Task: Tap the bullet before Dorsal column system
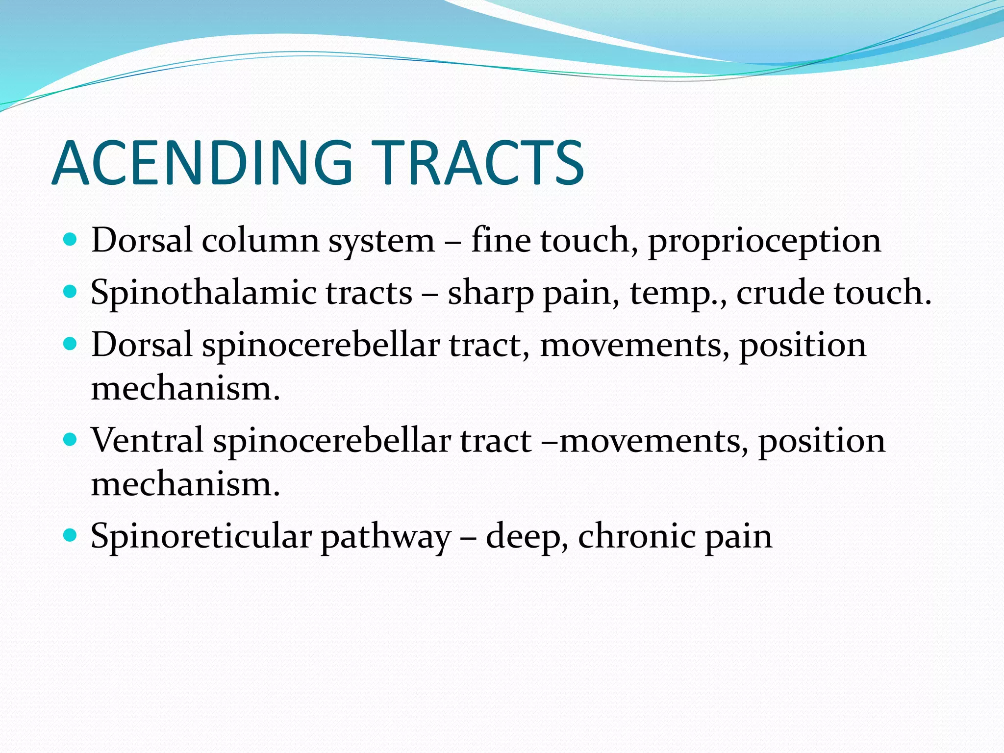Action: tap(71, 240)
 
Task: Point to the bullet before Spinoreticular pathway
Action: tap(71, 535)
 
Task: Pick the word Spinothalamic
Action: tap(204, 293)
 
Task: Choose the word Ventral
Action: tap(147, 440)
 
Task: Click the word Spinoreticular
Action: tap(201, 536)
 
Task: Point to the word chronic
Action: tap(636, 536)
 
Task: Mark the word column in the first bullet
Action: tap(260, 241)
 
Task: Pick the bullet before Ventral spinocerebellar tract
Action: tap(71, 439)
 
